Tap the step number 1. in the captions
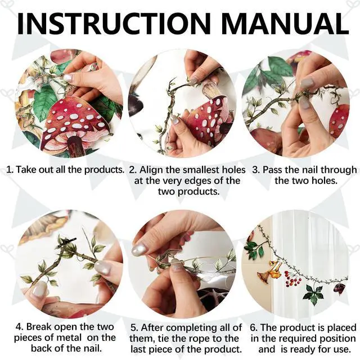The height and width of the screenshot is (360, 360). pyautogui.click(x=10, y=170)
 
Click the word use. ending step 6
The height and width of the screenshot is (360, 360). pyautogui.click(x=341, y=349)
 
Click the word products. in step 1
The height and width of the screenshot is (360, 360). pyautogui.click(x=104, y=170)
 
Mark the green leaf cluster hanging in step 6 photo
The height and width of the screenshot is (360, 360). pyautogui.click(x=313, y=294)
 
